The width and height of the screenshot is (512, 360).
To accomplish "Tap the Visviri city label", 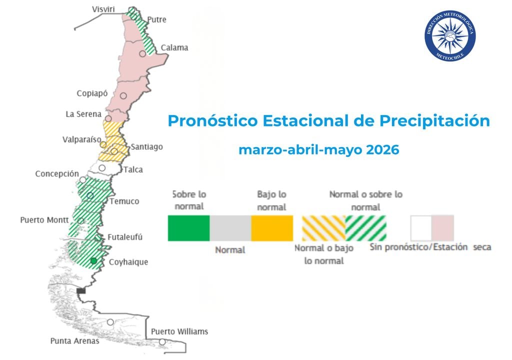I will (x=104, y=9).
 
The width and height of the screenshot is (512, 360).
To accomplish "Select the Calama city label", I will (x=174, y=48).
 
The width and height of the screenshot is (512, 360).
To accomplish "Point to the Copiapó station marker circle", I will (x=123, y=95).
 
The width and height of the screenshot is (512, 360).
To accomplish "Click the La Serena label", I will (x=83, y=114).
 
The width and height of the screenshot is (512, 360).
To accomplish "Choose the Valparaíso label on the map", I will (x=82, y=139).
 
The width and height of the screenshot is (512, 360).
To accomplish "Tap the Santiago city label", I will (x=146, y=147).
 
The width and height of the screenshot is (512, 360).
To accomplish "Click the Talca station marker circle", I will (x=102, y=168).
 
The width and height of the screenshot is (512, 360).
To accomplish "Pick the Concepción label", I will (x=57, y=174).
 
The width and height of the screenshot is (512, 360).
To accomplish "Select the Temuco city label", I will (x=124, y=201).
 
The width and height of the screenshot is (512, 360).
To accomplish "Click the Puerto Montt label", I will (x=44, y=220).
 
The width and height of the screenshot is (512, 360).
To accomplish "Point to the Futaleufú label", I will (x=124, y=237).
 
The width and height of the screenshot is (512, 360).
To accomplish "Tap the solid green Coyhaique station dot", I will (x=93, y=261).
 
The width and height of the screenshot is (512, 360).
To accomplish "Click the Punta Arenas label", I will (x=74, y=341).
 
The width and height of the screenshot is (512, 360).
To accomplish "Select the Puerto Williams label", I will (x=179, y=331).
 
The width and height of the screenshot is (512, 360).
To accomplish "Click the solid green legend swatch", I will (x=188, y=228).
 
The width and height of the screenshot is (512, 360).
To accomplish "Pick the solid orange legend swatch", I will (x=272, y=228).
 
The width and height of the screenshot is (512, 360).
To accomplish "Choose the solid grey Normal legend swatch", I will (x=230, y=228).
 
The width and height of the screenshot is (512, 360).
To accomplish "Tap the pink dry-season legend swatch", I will (x=443, y=228).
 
